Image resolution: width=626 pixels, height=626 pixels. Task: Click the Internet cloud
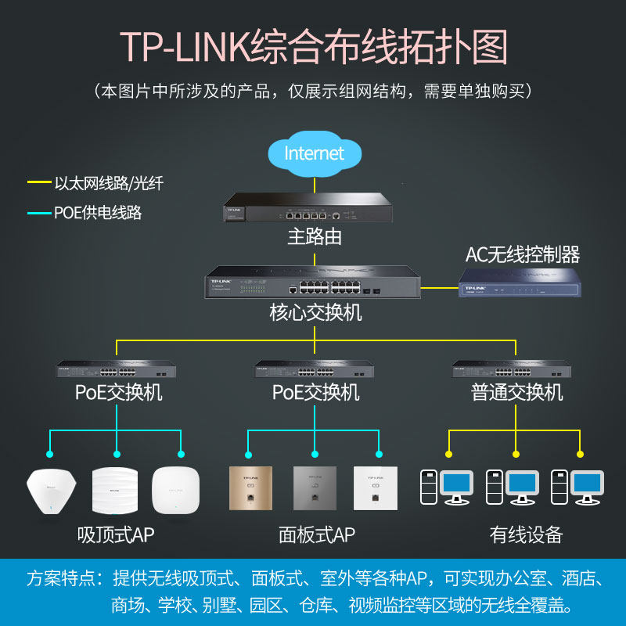point(314,154)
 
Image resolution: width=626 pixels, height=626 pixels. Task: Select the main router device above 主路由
point(314,210)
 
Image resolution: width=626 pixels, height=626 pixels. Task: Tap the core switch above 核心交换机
point(314,285)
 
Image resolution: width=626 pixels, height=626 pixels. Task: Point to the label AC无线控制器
point(523,254)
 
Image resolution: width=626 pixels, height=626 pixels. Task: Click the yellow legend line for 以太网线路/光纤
point(38,184)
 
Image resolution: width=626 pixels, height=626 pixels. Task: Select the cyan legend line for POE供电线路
point(38,213)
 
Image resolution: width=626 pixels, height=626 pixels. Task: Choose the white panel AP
point(380,489)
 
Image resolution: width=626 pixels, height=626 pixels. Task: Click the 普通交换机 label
point(516,392)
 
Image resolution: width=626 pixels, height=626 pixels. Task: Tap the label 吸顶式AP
point(116,535)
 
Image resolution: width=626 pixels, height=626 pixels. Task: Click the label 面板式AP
point(316,535)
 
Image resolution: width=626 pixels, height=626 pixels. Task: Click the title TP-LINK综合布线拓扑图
point(313,47)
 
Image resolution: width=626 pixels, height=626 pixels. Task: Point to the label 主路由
point(314,236)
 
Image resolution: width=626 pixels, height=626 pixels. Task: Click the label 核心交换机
point(315,313)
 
